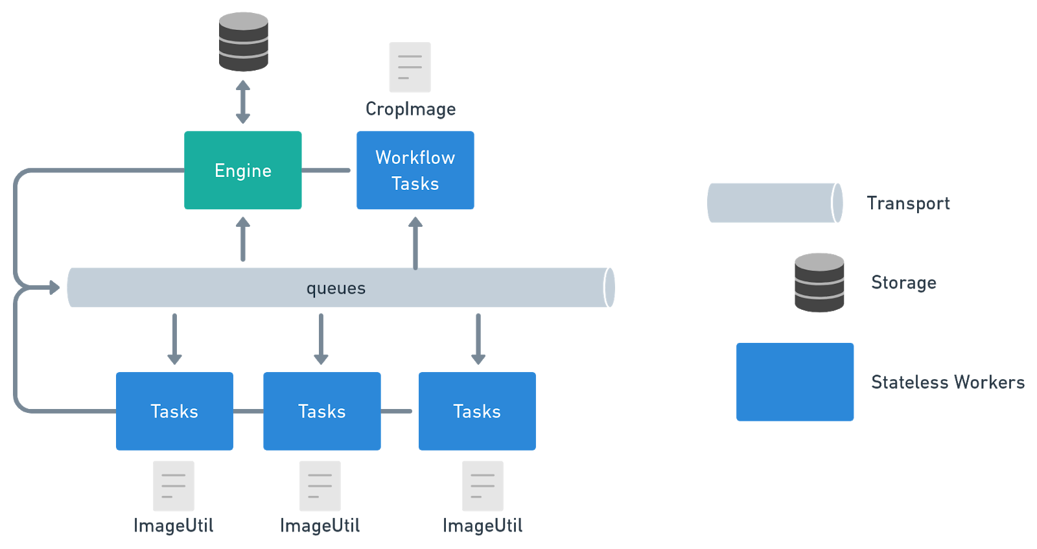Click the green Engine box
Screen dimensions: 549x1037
[242, 170]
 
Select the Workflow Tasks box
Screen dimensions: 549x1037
[415, 170]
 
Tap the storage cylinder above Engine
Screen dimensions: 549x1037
[243, 41]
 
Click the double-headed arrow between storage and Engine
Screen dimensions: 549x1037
[243, 102]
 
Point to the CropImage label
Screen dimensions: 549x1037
[410, 109]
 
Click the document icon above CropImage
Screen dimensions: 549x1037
[410, 67]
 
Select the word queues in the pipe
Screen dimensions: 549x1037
[336, 288]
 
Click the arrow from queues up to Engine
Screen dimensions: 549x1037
[243, 239]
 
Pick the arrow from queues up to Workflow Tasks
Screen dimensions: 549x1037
[415, 242]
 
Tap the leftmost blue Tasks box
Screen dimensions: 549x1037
[174, 411]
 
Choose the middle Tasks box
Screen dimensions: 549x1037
[321, 411]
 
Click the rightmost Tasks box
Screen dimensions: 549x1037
[477, 411]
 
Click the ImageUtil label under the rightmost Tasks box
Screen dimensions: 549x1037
[482, 526]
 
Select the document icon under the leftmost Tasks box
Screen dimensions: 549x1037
[173, 486]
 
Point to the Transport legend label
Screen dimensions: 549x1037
[908, 204]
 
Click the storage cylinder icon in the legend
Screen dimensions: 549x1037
[819, 283]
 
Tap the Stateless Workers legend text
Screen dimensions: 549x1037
[947, 382]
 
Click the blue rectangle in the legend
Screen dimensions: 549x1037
[795, 382]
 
